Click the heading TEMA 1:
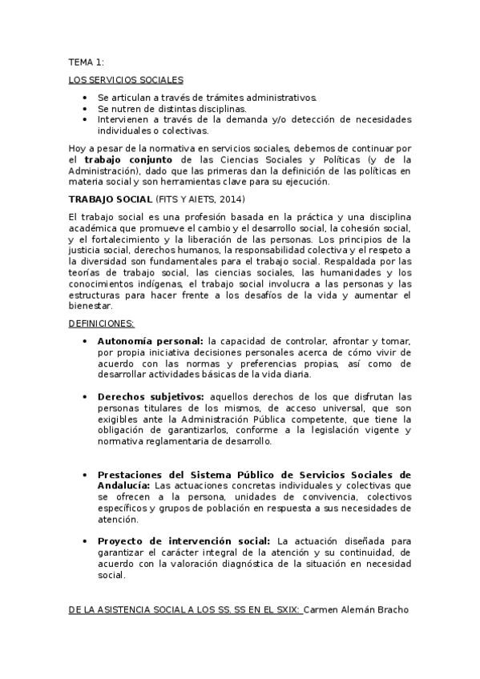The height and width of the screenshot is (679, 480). click(x=87, y=61)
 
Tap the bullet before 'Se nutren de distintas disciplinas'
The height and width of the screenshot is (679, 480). click(x=86, y=109)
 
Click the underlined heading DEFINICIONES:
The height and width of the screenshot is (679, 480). click(x=101, y=323)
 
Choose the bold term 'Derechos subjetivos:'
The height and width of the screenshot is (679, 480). click(x=151, y=396)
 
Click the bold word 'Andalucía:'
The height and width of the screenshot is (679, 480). click(x=124, y=485)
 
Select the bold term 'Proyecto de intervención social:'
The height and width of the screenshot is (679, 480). click(x=184, y=541)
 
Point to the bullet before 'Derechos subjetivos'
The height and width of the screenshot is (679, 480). click(x=86, y=396)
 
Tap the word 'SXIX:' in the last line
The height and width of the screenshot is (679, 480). click(x=285, y=609)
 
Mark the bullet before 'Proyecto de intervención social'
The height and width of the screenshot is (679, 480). click(x=86, y=541)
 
